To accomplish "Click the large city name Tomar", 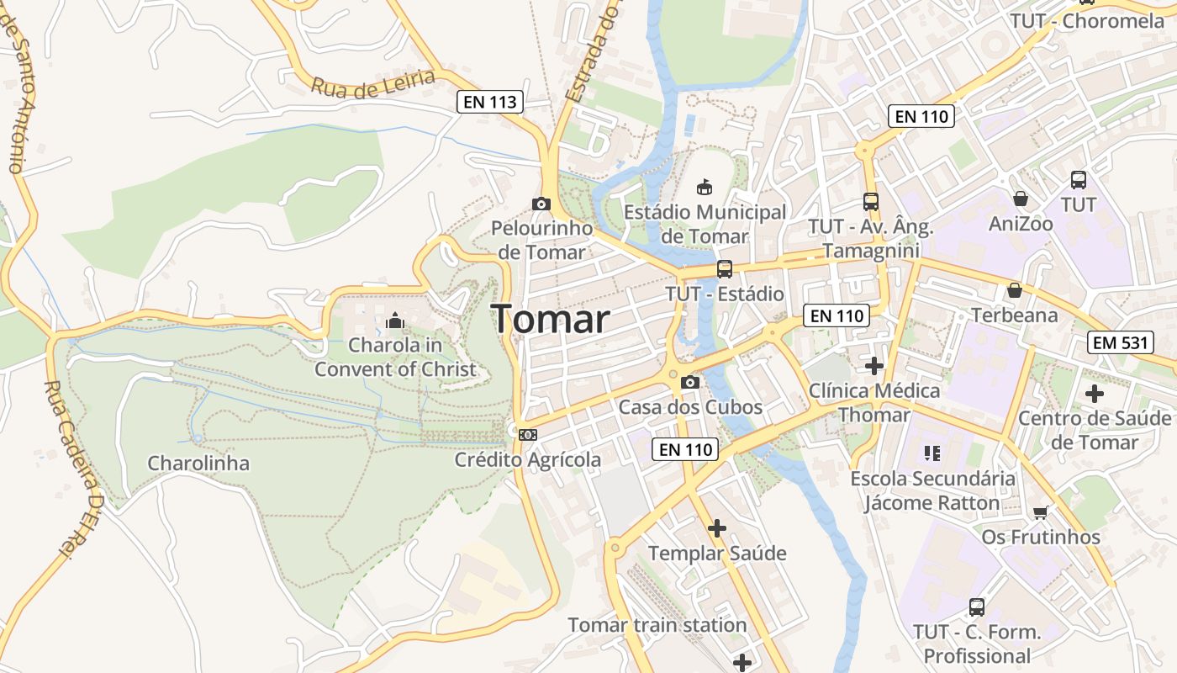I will click(551, 320).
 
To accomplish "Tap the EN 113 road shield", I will click(491, 102).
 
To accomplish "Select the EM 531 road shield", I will click(1121, 342).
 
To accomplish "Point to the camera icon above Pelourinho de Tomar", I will click(541, 204).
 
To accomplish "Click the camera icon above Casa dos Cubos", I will click(690, 383).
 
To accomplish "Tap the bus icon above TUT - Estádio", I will click(724, 269).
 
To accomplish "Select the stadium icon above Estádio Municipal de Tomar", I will click(705, 187).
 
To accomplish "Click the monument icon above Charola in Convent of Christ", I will click(394, 321).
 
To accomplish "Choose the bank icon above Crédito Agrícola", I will click(528, 434).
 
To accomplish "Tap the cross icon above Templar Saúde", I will click(716, 528).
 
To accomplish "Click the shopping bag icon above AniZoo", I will click(1021, 199).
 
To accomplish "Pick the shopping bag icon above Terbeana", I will click(1015, 290).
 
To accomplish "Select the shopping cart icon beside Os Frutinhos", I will click(1041, 512).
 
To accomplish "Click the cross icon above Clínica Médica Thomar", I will click(874, 365).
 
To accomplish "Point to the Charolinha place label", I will click(198, 463).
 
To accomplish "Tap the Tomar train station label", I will click(657, 625).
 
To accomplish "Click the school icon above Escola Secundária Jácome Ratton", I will click(932, 453).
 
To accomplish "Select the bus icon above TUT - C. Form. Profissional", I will click(977, 607).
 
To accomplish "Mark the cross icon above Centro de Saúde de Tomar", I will click(1094, 393).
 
